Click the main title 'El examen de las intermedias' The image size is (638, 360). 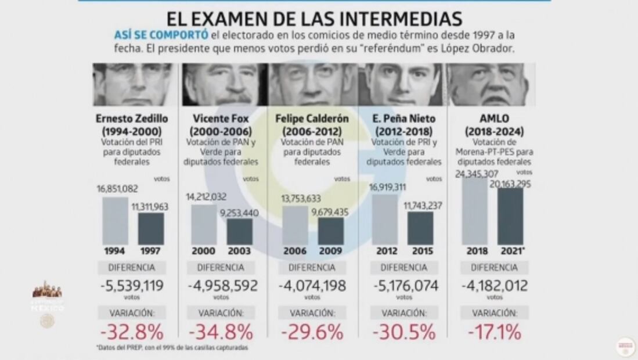(x=315, y=17)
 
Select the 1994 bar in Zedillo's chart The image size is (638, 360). (x=115, y=221)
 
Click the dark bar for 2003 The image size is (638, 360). (x=239, y=231)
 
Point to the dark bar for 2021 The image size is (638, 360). (x=510, y=216)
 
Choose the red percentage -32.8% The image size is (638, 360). (x=132, y=333)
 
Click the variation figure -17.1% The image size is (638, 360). (x=495, y=333)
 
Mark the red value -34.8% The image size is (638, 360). (x=221, y=333)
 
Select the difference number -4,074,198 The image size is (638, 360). (x=313, y=286)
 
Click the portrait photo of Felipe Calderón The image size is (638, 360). (x=313, y=84)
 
